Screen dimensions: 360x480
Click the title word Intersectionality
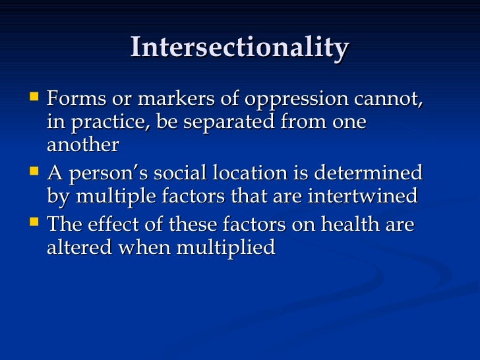(x=239, y=48)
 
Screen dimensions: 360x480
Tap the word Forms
(x=75, y=100)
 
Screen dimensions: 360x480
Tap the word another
(x=83, y=145)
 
